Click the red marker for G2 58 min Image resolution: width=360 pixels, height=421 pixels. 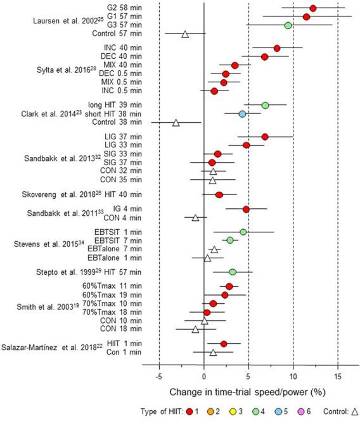coord(312,8)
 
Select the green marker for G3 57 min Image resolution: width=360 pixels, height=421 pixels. coord(288,25)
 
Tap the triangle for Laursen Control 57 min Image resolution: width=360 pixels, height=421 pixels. coord(185,34)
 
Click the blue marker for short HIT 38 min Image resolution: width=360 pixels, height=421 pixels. coord(242,113)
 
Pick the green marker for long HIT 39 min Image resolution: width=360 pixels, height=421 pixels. coord(265,104)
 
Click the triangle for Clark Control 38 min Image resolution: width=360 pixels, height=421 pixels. coord(176,122)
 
